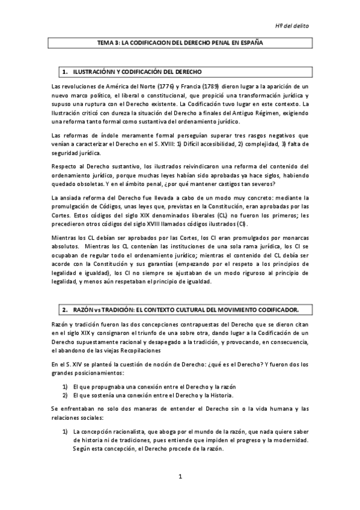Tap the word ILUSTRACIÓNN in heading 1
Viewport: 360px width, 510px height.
coord(96,72)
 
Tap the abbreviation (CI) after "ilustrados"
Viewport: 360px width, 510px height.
coord(225,224)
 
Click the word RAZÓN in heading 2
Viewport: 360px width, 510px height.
coord(84,309)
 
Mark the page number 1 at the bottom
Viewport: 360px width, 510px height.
coord(180,478)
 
